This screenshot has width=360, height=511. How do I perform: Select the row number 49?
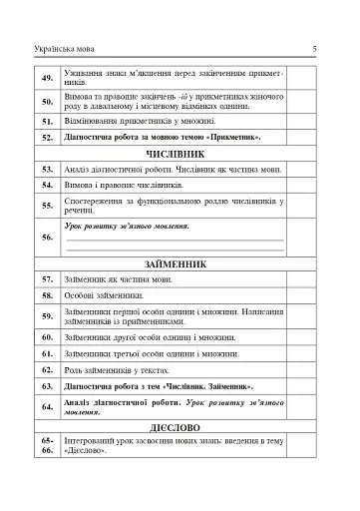pyautogui.click(x=47, y=77)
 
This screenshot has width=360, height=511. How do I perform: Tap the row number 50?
pyautogui.click(x=47, y=101)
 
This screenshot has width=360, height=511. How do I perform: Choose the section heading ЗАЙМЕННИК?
pyautogui.click(x=175, y=265)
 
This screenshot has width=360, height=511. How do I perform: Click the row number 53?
pyautogui.click(x=47, y=170)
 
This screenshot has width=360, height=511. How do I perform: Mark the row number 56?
pyautogui.click(x=47, y=238)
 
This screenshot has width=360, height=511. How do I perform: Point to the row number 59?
pyautogui.click(x=47, y=317)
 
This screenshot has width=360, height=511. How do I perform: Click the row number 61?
pyautogui.click(x=47, y=353)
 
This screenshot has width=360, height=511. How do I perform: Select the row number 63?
pyautogui.click(x=47, y=385)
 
